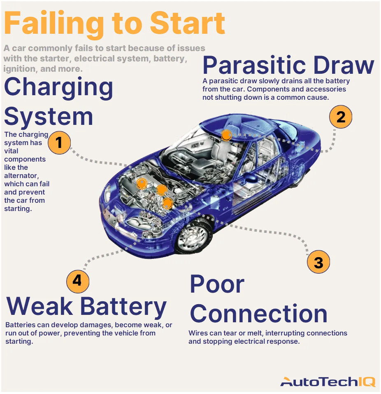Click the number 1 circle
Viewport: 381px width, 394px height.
coord(59,143)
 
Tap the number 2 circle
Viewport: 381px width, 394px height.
coord(341,117)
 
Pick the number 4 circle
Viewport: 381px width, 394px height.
coord(78,281)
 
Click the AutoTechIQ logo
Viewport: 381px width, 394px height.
coord(328,382)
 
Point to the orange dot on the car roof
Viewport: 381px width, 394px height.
coord(226,135)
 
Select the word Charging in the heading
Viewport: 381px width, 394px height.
coord(58,87)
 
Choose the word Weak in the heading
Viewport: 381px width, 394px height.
coord(40,307)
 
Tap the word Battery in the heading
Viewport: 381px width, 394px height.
coord(123,307)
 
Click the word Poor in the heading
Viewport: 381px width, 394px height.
coord(217,284)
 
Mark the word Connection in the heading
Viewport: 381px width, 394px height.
coord(258,314)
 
